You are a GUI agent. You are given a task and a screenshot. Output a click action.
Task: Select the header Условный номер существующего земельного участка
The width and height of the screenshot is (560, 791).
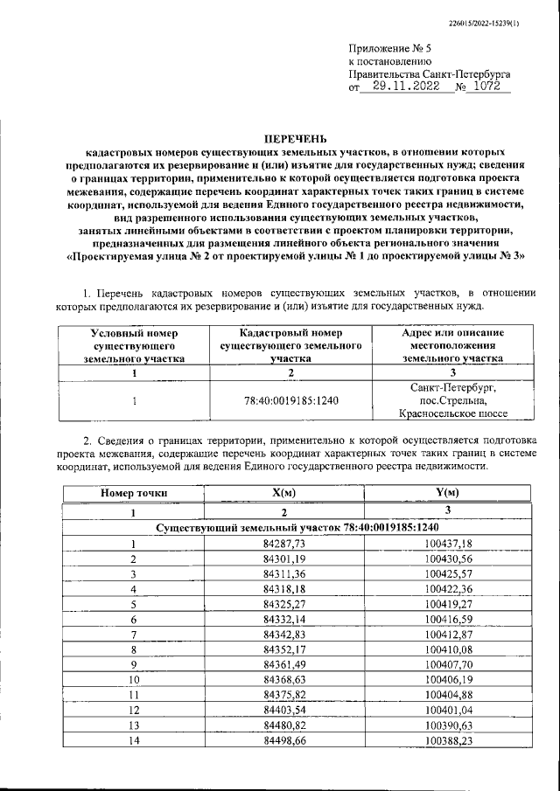134,345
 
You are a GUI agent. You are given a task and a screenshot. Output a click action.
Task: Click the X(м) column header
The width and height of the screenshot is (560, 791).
283,493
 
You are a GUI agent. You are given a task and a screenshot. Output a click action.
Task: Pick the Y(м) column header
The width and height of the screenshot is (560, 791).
447,493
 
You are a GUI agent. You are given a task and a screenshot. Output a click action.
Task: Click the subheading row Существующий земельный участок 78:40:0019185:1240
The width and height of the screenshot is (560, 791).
296,528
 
